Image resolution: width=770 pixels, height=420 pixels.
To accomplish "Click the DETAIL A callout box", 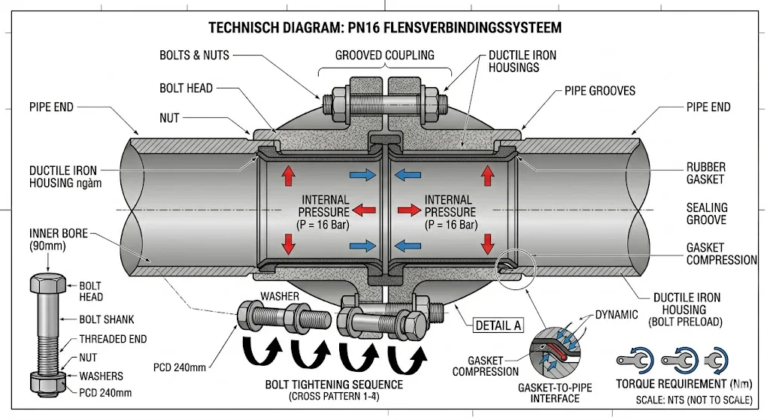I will [496, 326].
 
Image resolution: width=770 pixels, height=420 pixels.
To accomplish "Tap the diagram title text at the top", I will [383, 28].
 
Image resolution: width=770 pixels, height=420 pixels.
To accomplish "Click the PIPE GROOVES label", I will [600, 91].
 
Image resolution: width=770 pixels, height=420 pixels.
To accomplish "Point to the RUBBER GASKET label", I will [705, 174].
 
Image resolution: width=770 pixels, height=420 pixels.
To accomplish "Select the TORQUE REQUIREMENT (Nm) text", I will [675, 384].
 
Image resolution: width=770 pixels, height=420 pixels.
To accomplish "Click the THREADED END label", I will [113, 340].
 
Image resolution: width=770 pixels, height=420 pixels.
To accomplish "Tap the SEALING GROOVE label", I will [706, 214].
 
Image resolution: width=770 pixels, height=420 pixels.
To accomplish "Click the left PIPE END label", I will [52, 107].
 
